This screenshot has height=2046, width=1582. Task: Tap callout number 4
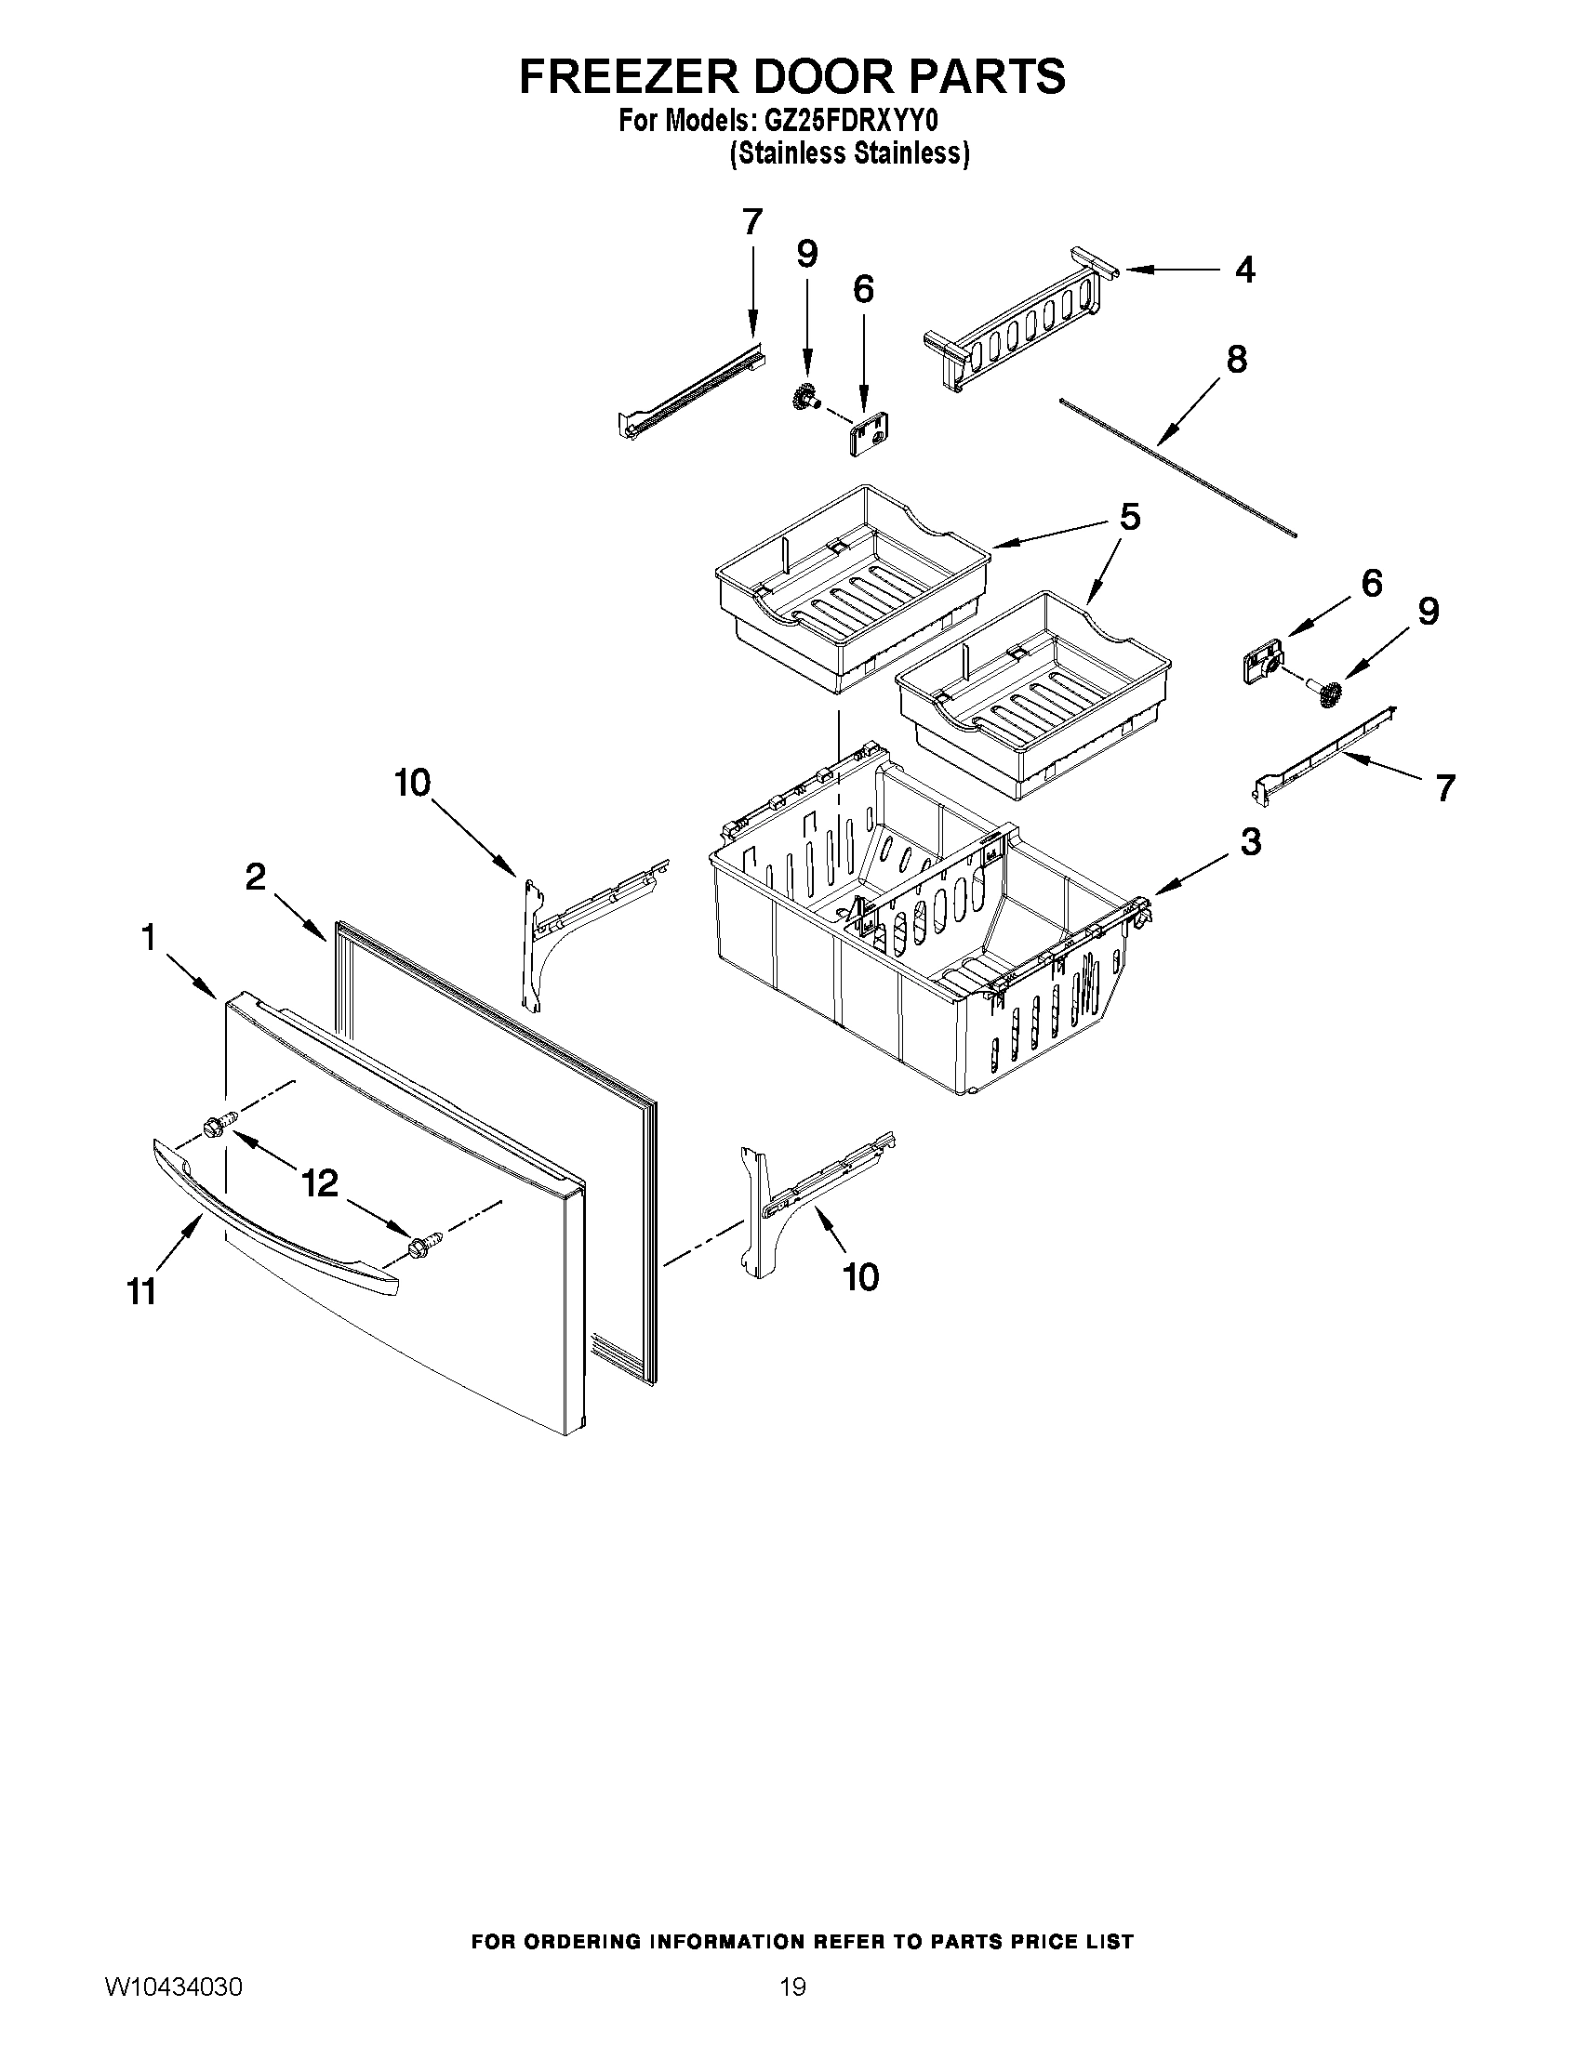1243,270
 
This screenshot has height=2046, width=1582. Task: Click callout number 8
1237,360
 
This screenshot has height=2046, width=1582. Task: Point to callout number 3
1250,842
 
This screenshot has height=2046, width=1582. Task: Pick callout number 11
141,1293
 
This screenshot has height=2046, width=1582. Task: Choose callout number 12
320,1183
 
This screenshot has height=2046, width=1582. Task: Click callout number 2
256,878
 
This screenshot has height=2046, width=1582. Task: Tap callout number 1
149,937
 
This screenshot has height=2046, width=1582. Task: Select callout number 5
1130,517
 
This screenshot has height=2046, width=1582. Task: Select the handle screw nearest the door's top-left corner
216,1122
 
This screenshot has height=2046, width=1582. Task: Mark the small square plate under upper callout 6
869,434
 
